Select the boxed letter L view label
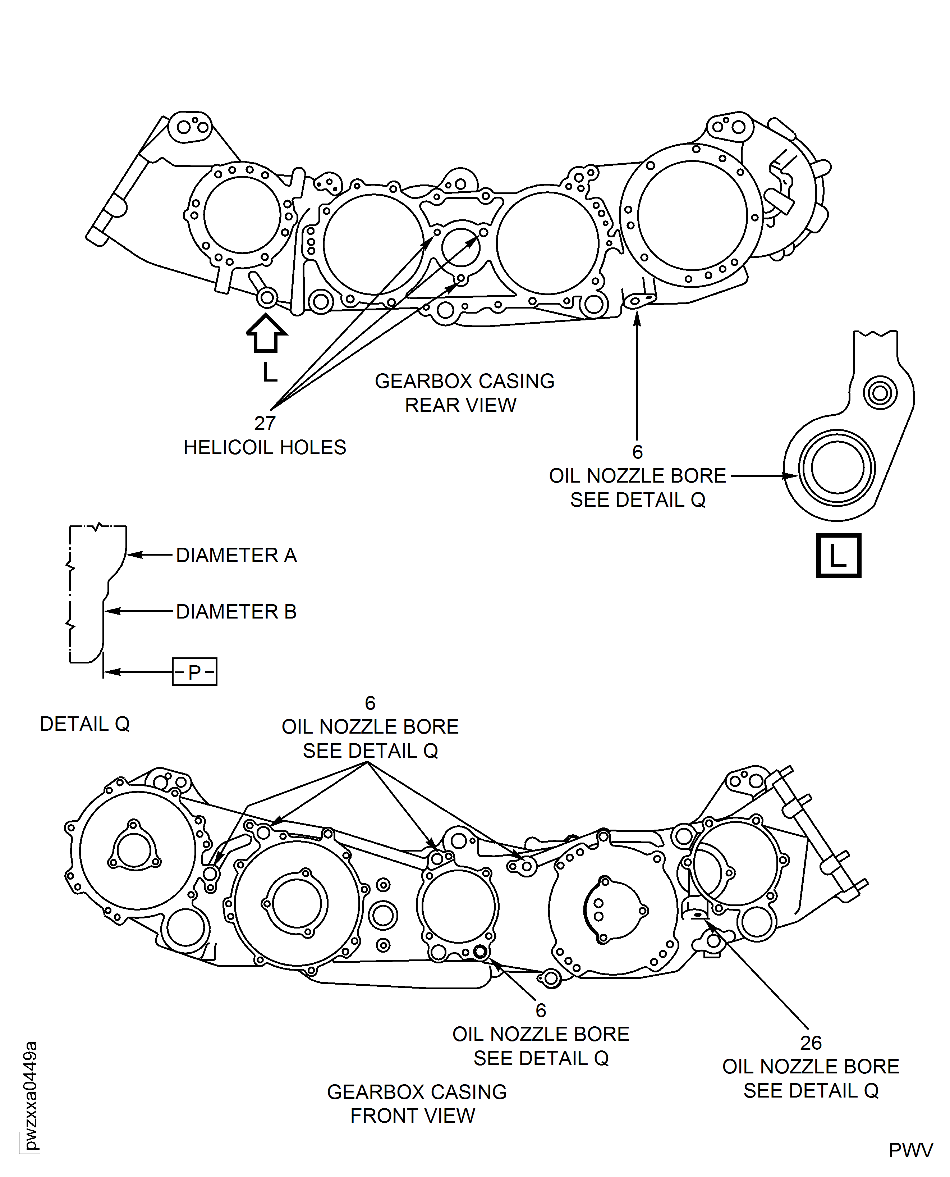pos(838,555)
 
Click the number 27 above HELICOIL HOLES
pos(265,423)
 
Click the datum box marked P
pos(194,672)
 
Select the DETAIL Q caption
pos(85,724)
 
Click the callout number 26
pos(811,1043)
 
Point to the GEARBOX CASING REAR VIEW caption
pos(464,393)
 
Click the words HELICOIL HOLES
pos(265,447)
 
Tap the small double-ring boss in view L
pos(880,393)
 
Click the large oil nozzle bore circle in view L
pos(837,468)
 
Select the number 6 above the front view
pos(370,703)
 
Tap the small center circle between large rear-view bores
pos(461,248)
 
